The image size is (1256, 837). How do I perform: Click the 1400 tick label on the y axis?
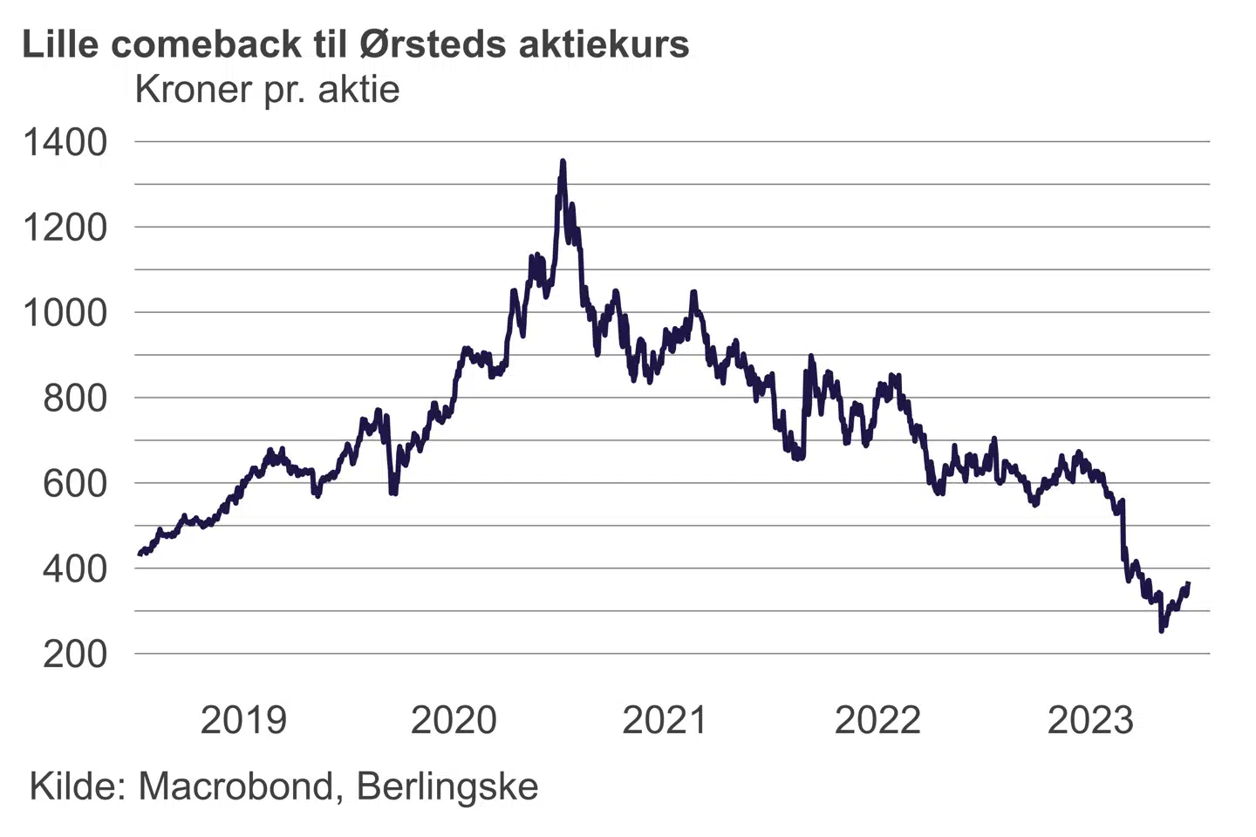pyautogui.click(x=65, y=142)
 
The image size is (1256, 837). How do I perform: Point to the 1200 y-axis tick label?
pyautogui.click(x=65, y=228)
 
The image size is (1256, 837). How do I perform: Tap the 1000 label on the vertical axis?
pyautogui.click(x=65, y=313)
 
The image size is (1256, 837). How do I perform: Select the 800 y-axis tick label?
pyautogui.click(x=75, y=398)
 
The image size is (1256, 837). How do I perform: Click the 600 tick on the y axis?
pyautogui.click(x=75, y=483)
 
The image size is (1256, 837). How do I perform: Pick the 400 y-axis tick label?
pyautogui.click(x=75, y=568)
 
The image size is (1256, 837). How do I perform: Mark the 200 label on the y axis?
pyautogui.click(x=75, y=654)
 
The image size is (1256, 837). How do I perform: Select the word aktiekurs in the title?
pyautogui.click(x=604, y=44)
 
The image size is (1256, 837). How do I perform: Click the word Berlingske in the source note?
pyautogui.click(x=447, y=787)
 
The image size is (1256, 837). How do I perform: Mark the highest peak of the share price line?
pyautogui.click(x=563, y=161)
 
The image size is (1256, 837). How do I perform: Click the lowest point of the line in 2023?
pyautogui.click(x=1161, y=629)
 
